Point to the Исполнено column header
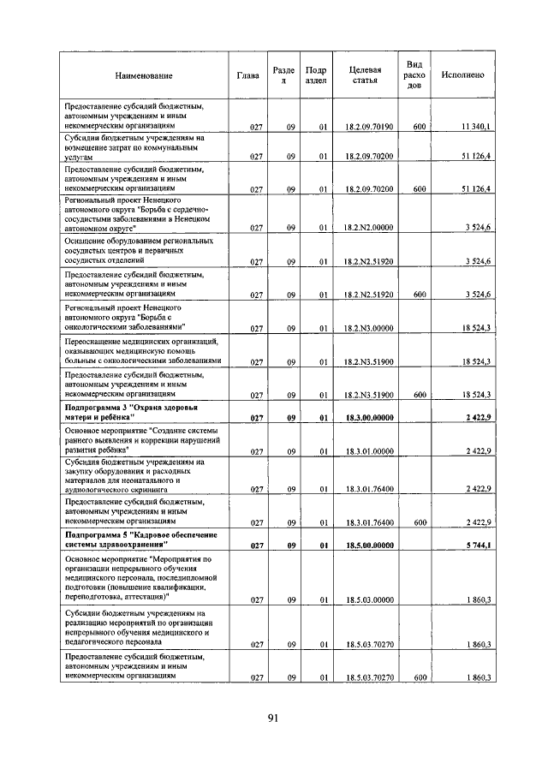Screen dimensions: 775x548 click(462, 75)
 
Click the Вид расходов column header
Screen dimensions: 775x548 click(414, 75)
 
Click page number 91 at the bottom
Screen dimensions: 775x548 click(273, 718)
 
